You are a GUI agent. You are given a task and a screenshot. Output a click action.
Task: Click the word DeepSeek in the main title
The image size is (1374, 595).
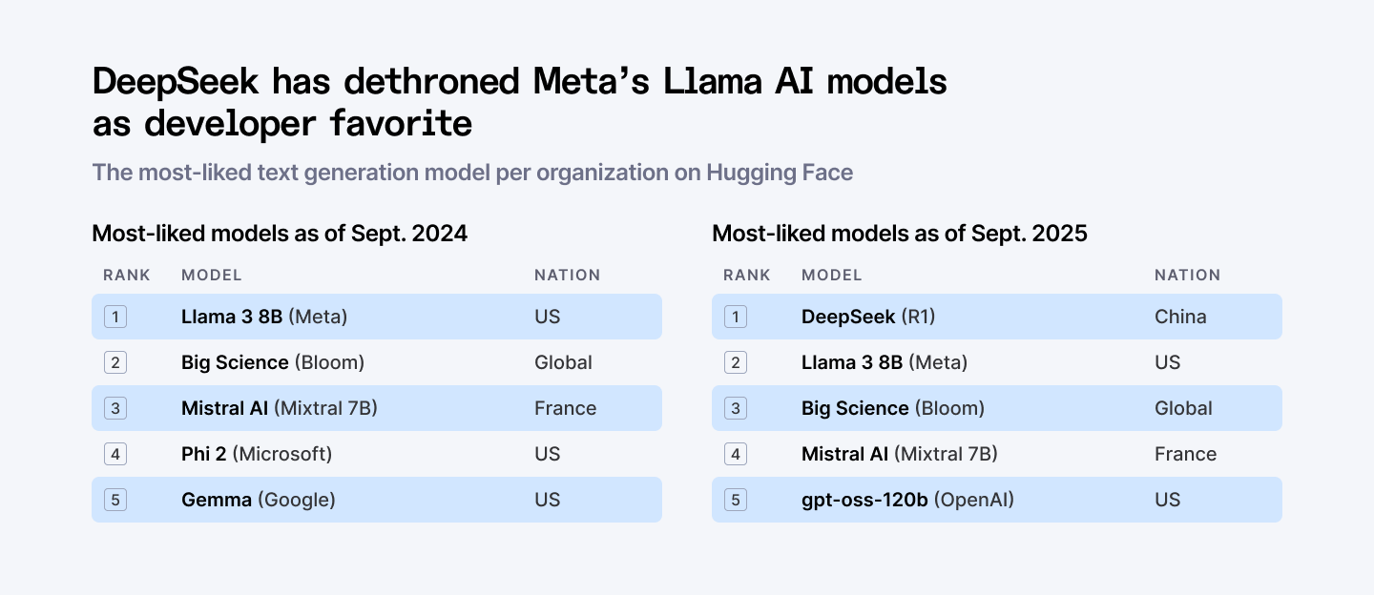tap(176, 82)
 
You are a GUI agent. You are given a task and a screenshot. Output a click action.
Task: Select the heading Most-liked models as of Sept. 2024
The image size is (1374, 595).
tap(280, 233)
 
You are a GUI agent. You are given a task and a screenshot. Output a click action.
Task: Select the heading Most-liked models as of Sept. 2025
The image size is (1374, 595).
tap(899, 233)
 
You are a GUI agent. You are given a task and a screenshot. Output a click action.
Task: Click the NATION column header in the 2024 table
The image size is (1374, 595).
tap(567, 276)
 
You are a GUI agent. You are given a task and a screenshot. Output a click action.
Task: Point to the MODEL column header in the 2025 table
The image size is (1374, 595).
tap(831, 276)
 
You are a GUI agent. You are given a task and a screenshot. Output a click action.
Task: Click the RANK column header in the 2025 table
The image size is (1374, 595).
tap(747, 276)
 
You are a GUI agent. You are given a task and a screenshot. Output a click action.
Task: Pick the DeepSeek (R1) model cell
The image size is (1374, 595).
tap(867, 317)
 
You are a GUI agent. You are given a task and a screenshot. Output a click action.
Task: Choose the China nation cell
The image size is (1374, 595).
tap(1180, 317)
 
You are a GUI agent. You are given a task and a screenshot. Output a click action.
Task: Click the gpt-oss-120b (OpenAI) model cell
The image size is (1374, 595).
tap(907, 500)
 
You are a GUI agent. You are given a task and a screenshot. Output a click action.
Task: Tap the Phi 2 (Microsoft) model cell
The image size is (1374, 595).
tap(257, 454)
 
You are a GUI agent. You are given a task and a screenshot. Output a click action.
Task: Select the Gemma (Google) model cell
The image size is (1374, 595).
tap(258, 500)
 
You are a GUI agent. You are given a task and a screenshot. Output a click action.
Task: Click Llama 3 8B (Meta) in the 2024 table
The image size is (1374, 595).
tap(264, 317)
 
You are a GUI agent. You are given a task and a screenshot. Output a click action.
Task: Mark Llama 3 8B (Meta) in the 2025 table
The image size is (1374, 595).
tap(884, 362)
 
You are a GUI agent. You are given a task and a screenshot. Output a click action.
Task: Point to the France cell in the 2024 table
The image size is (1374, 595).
tap(565, 408)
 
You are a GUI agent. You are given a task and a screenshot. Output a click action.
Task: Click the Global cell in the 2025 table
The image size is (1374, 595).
tap(1183, 408)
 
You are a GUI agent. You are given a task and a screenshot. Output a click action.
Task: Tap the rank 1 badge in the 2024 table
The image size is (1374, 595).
tap(115, 317)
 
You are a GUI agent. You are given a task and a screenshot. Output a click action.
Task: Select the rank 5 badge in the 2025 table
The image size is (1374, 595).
tap(735, 500)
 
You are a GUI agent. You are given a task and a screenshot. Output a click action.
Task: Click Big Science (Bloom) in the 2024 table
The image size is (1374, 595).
tap(272, 362)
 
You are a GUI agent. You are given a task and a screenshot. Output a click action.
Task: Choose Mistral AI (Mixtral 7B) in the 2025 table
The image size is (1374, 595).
tap(899, 454)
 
